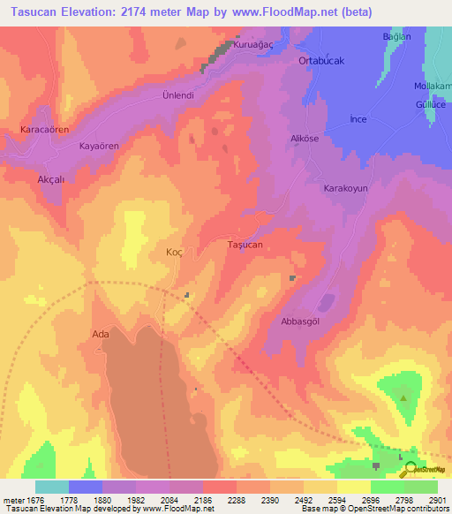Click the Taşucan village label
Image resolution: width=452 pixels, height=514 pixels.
point(245,244)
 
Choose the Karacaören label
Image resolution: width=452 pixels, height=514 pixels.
point(44,129)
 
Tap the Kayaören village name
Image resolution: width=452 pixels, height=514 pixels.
point(99,145)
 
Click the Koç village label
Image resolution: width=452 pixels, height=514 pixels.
point(174,252)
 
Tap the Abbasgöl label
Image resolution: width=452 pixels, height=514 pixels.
point(300,321)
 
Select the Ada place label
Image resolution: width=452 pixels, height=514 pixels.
point(101,334)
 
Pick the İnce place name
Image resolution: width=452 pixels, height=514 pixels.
point(358,118)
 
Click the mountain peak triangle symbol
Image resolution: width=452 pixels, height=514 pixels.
point(404,397)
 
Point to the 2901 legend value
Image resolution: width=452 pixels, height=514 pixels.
point(437,500)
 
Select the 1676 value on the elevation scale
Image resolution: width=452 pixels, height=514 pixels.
point(30,500)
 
